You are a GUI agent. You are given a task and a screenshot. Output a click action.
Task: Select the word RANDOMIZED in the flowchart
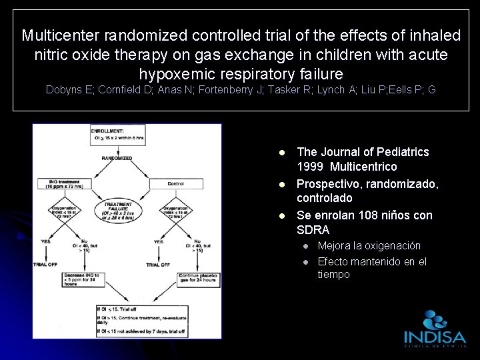coord(116,159)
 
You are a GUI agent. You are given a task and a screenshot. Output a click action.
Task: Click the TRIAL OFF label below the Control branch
coord(159,265)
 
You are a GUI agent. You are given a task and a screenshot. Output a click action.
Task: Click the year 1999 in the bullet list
coord(310,167)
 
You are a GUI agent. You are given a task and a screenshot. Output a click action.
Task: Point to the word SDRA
coord(313,230)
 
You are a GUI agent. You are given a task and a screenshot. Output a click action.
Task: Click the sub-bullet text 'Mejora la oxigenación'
coord(369,246)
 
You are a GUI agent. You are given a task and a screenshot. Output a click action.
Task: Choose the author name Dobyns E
coord(69,89)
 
